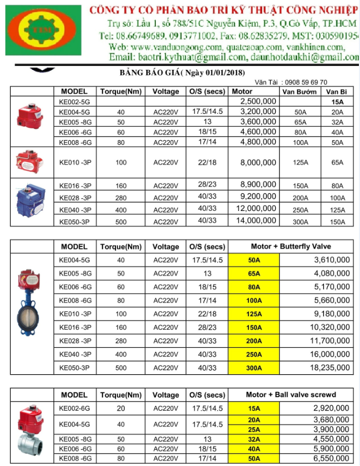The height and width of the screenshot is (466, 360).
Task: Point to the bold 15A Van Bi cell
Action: (x=337, y=101)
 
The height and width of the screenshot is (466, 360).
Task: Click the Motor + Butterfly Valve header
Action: (x=291, y=246)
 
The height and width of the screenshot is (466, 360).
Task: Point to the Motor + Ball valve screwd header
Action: (x=291, y=395)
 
